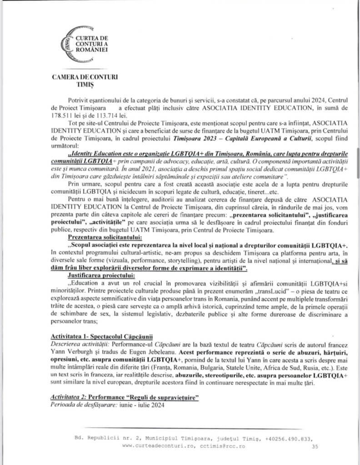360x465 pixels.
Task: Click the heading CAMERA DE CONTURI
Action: click(85, 77)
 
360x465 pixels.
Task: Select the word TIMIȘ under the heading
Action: click(85, 85)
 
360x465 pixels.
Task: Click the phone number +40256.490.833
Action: click(290, 439)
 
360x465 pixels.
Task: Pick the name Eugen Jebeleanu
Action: click(129, 351)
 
